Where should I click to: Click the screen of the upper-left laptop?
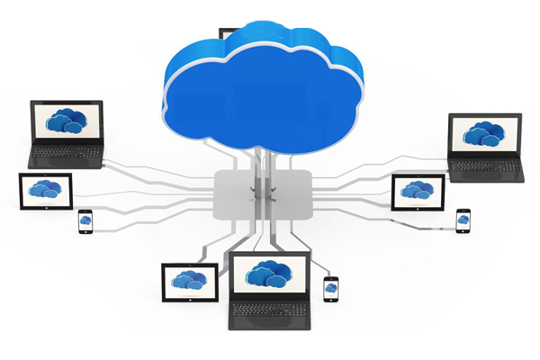(67, 122)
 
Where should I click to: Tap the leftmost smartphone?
(85, 220)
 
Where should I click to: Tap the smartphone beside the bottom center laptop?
(331, 288)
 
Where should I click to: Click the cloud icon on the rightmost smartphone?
(463, 220)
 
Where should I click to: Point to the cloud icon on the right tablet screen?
(417, 190)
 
